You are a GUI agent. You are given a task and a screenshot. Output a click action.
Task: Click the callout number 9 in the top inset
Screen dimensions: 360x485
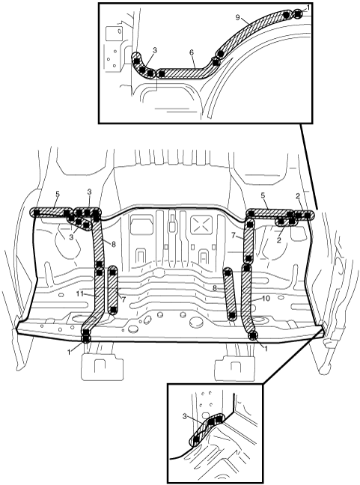(x=237, y=17)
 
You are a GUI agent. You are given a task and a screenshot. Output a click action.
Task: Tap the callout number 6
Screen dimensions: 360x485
(x=192, y=52)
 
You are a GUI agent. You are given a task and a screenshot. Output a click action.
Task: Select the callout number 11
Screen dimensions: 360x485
(x=80, y=293)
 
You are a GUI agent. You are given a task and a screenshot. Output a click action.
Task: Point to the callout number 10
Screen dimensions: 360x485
(x=266, y=298)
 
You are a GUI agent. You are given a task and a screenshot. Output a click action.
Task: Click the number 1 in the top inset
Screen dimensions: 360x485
(x=308, y=7)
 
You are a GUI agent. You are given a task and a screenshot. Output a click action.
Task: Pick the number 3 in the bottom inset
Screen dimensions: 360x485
(x=185, y=416)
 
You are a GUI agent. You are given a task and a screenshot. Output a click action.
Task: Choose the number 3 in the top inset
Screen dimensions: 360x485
(x=155, y=50)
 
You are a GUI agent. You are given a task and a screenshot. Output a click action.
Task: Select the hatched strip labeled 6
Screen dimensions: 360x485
(x=185, y=73)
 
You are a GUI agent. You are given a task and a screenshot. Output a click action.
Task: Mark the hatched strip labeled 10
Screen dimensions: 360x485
(x=248, y=297)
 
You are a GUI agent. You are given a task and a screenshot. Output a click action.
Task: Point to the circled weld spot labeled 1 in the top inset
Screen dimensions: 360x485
(x=298, y=13)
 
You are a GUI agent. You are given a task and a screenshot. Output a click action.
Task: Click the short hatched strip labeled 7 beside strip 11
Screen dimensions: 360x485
(x=112, y=290)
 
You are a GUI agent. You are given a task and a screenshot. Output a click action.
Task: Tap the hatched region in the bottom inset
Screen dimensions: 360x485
(x=207, y=427)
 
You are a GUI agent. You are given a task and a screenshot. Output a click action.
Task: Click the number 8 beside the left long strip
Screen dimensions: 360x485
(x=114, y=244)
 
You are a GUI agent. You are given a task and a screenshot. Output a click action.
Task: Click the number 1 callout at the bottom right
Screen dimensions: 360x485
(x=266, y=348)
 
